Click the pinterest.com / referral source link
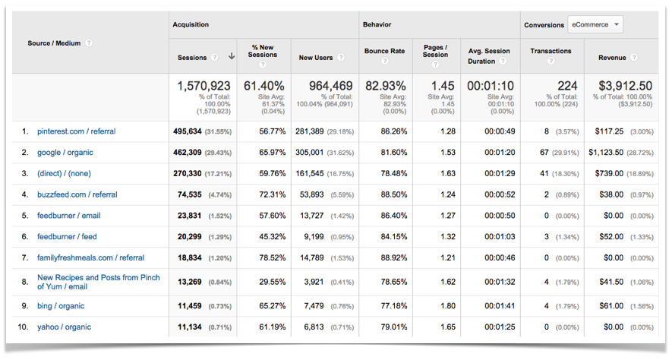(76, 131)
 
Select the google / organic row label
(65, 153)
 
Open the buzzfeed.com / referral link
(77, 194)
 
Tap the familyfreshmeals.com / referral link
(90, 257)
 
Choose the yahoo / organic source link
(64, 327)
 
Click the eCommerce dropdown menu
(595, 24)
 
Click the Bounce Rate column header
(384, 52)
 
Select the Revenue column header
(612, 58)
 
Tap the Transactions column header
(551, 52)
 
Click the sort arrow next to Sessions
(231, 58)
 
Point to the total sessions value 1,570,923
(203, 86)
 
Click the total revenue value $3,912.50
(624, 86)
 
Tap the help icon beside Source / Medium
(89, 43)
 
